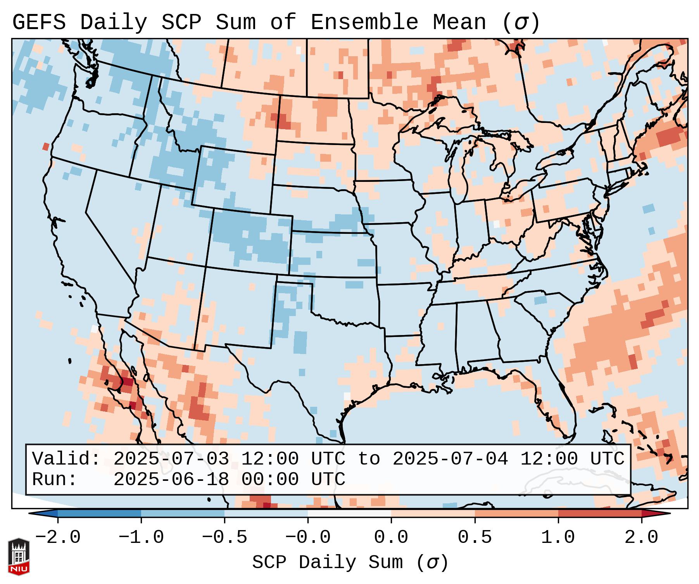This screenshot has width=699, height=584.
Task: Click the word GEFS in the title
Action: point(39,22)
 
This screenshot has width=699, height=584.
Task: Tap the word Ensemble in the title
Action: point(364,22)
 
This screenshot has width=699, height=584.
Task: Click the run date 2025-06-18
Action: point(171,480)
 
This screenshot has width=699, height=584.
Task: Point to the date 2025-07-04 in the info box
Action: point(450,459)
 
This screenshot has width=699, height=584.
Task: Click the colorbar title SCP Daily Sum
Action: point(328,563)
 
